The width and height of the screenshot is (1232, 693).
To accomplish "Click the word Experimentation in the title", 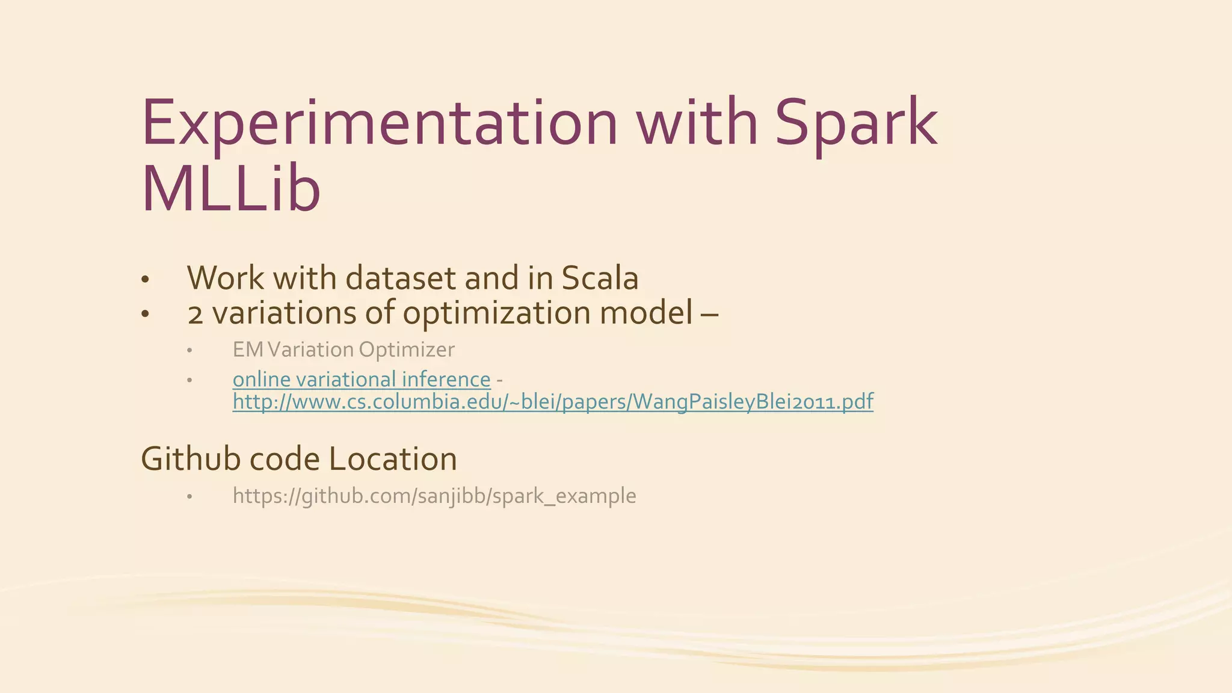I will [x=379, y=123].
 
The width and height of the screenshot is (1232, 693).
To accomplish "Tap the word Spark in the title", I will [x=855, y=123].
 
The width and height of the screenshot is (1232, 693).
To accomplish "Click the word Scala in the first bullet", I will [x=599, y=278].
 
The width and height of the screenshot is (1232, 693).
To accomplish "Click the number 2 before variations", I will [x=195, y=314].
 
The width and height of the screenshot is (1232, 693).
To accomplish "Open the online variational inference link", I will [x=362, y=380].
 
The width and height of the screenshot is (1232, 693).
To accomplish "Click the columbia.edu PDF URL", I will [x=553, y=401].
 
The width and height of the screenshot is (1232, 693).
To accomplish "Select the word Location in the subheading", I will [x=393, y=459].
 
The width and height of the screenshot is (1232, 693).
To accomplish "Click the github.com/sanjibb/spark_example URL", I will [x=434, y=496].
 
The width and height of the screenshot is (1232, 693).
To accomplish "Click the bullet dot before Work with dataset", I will [x=144, y=280].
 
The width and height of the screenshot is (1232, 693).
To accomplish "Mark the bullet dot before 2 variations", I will [x=144, y=315].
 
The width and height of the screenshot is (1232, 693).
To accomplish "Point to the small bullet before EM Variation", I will [x=189, y=351].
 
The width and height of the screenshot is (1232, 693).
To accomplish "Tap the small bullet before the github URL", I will [x=189, y=497].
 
